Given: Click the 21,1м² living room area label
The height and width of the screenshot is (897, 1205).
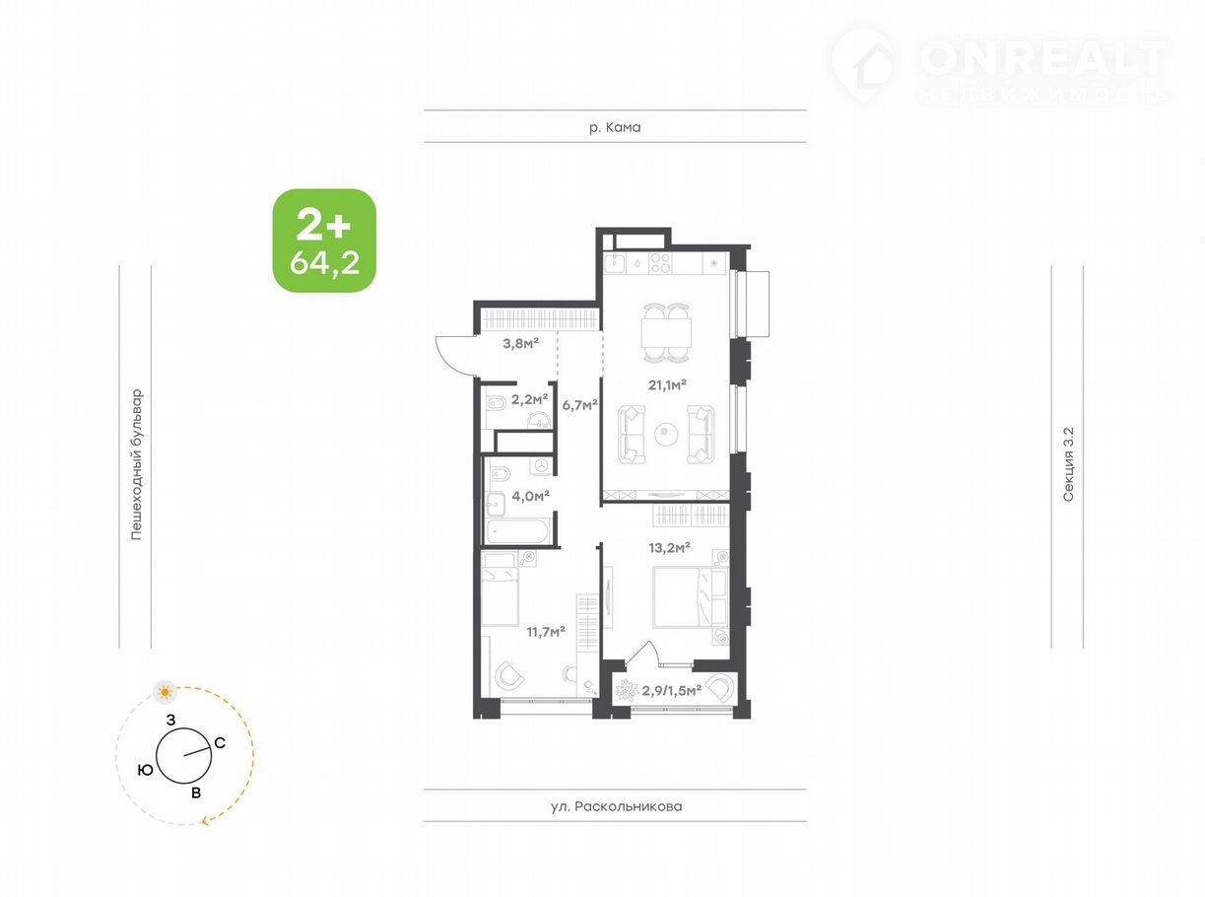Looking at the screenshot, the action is pos(667,385).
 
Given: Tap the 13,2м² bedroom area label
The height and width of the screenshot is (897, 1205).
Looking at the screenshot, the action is pos(669,547).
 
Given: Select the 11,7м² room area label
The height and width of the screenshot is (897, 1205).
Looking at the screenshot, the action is pos(546,632).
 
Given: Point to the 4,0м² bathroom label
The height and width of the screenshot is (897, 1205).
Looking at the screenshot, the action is pos(530,496).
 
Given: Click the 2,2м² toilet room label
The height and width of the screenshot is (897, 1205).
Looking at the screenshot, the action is pos(529,400).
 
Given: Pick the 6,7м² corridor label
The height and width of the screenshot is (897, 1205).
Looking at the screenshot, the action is pos(579,405).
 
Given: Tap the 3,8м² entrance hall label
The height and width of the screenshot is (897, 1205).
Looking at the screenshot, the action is pos(520,343).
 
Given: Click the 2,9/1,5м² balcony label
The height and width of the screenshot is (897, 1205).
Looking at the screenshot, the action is pos(672,690).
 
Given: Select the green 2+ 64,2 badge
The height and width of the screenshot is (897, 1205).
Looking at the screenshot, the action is pos(324,241).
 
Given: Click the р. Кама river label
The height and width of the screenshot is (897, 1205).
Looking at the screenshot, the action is pos(615,127).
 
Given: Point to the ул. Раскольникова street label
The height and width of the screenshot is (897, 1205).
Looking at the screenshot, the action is pos(616,806).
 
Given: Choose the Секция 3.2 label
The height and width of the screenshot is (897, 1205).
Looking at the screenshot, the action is pos(1068,464).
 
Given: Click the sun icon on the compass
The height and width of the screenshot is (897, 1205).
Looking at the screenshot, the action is pos(166,693).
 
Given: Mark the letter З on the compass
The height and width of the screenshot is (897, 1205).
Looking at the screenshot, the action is pos(171,721).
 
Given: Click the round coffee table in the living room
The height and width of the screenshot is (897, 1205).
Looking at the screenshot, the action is pos(666,435).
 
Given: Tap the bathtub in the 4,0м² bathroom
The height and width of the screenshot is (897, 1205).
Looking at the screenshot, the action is pos(517,530).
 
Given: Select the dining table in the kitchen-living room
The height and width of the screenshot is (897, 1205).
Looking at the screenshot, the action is pos(666,333).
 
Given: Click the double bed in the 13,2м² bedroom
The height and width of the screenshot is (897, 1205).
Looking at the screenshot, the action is pos(690,597).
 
